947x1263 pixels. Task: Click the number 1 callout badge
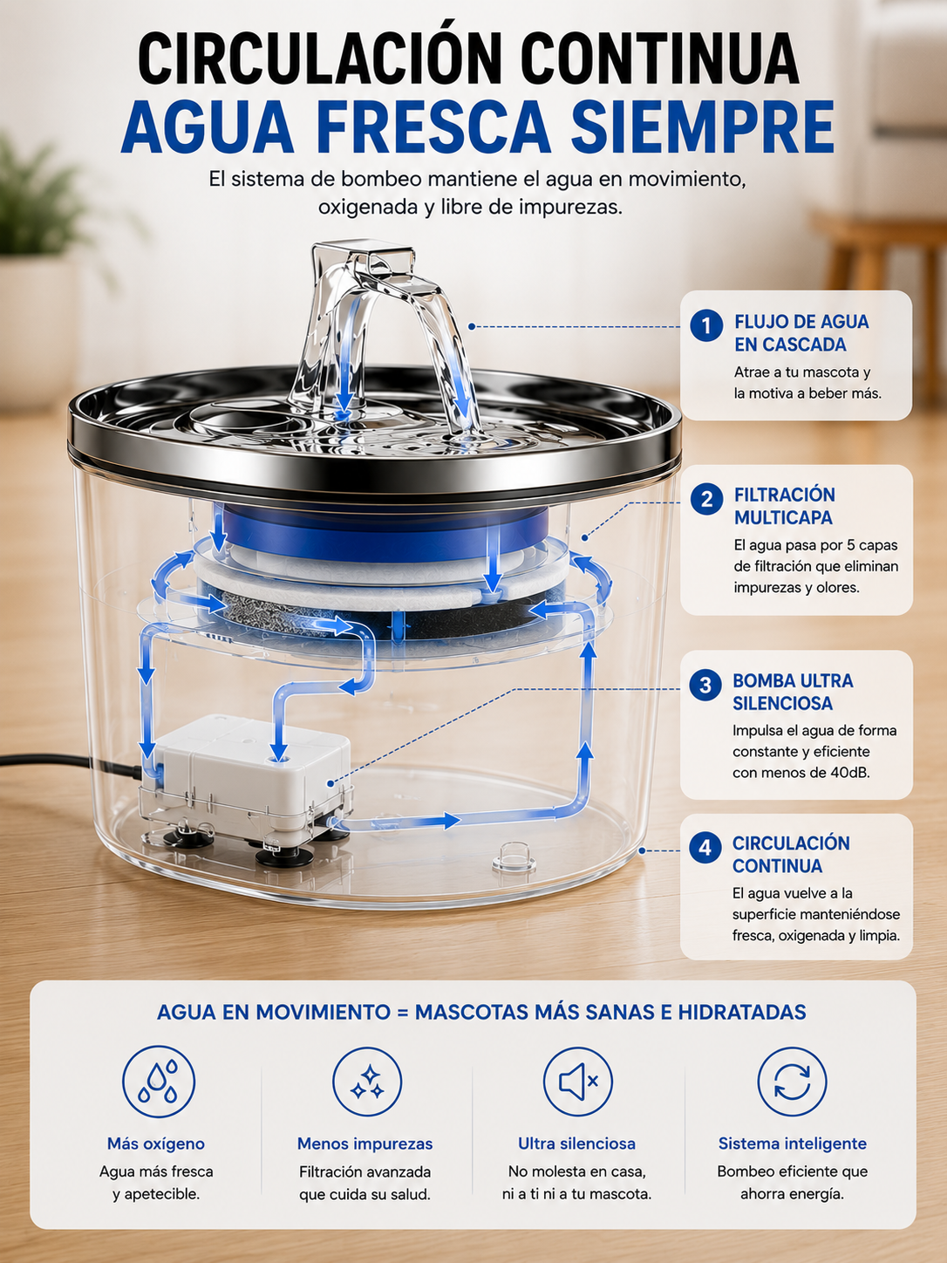tap(706, 325)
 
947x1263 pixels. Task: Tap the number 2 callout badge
tap(706, 498)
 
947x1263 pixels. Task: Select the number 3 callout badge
tap(705, 685)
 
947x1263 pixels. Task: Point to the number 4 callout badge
tap(705, 847)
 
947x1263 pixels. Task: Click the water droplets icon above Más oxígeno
tap(159, 1082)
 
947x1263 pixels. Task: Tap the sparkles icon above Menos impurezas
tap(367, 1082)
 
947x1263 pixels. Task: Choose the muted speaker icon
tap(578, 1082)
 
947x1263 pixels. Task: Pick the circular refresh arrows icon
tap(792, 1082)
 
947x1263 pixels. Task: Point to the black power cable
tap(69, 763)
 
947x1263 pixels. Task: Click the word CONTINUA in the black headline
tap(661, 58)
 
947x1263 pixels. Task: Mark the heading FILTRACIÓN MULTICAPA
tap(784, 506)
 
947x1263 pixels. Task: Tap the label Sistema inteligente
tap(793, 1144)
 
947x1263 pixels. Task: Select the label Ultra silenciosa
tap(576, 1144)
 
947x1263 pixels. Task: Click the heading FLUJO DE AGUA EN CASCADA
tap(801, 333)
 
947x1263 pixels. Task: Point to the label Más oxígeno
tap(156, 1144)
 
